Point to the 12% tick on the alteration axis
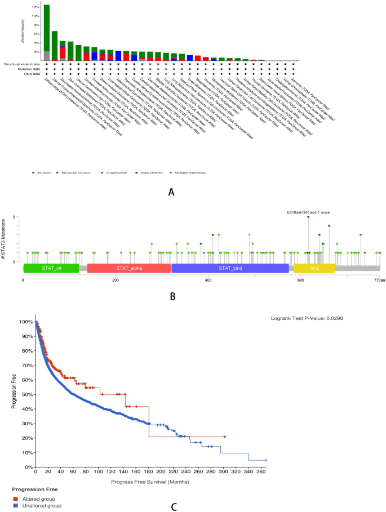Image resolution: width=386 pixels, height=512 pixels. (35, 7)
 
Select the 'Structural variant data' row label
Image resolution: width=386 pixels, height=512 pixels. (18, 64)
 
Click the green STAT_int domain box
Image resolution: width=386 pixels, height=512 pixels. (51, 269)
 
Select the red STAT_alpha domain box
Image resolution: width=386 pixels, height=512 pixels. (129, 269)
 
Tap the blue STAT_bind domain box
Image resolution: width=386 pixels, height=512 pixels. (230, 269)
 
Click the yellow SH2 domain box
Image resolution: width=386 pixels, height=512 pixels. (314, 269)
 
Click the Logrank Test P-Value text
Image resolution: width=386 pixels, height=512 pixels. (307, 318)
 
